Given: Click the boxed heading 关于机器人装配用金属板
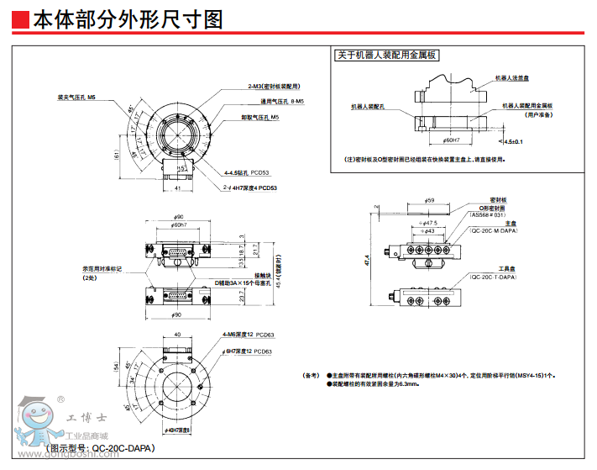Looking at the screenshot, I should (385, 56).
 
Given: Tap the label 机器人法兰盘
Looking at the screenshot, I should (511, 77).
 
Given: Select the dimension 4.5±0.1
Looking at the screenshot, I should (515, 141).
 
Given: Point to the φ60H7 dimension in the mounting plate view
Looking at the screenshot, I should (450, 140).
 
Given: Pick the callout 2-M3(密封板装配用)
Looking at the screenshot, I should (273, 87).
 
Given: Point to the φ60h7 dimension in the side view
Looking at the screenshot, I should (178, 225).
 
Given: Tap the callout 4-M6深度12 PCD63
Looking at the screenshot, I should (249, 335).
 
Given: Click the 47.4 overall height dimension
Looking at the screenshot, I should (367, 261).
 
